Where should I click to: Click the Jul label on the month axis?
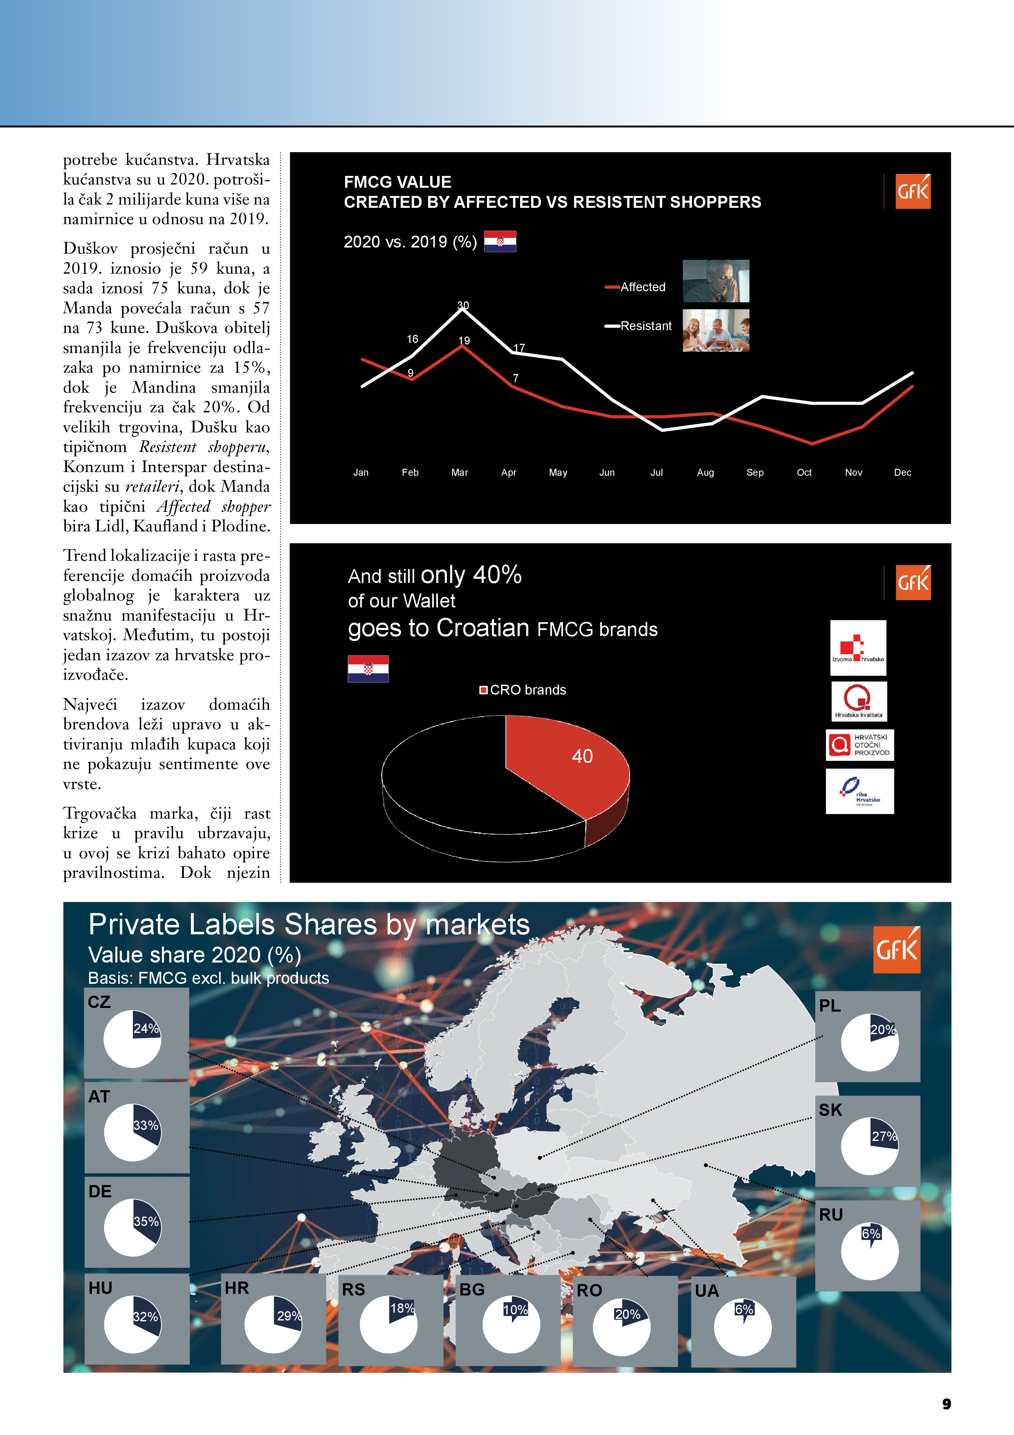click(656, 472)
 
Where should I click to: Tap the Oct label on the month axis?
click(804, 472)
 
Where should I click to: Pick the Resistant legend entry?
click(639, 326)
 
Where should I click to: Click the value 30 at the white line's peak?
click(463, 305)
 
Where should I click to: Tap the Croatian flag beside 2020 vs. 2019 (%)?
click(500, 241)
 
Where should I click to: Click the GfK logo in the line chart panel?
click(913, 191)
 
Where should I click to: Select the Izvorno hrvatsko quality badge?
click(858, 648)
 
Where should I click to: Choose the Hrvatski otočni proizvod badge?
click(860, 745)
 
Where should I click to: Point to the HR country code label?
click(237, 1288)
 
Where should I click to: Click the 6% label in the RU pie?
click(871, 1234)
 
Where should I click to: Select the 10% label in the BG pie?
click(516, 1310)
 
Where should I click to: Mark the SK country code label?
click(830, 1110)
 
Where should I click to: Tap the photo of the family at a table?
click(716, 331)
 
